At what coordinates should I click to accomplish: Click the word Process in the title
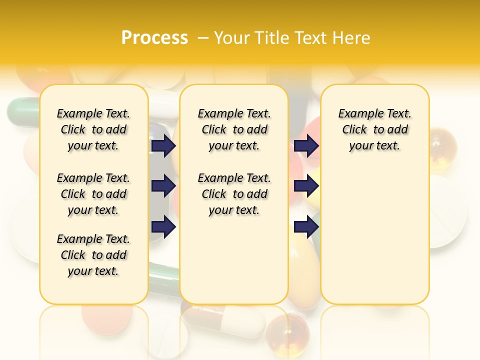point(154,38)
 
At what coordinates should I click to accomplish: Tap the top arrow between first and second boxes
point(163,146)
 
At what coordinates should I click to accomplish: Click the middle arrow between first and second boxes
point(163,186)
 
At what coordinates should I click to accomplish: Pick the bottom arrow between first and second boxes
point(163,227)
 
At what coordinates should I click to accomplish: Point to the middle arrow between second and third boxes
point(306,186)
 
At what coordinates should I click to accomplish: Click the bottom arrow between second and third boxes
point(306,227)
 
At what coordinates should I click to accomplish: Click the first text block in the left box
point(93,129)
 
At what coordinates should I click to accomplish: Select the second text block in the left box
point(93,194)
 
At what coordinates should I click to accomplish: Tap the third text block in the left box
point(93,255)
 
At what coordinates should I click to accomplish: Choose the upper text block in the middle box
point(234,129)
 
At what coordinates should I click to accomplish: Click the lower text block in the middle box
point(234,194)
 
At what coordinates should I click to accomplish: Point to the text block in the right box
point(374,129)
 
